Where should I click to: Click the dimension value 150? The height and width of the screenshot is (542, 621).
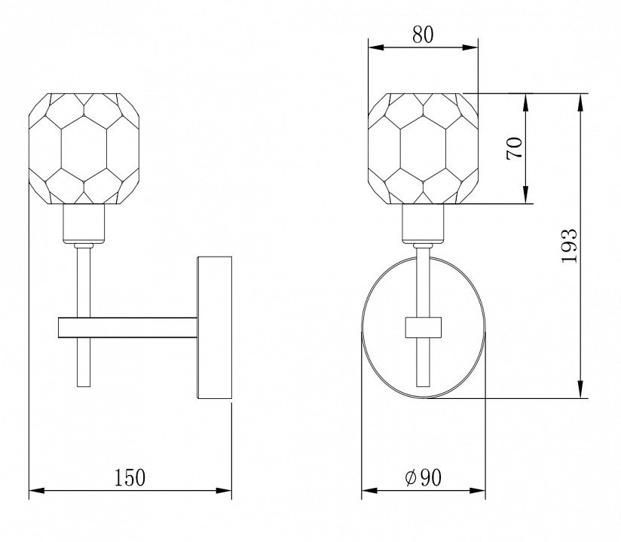(130, 477)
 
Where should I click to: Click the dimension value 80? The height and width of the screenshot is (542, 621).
(423, 35)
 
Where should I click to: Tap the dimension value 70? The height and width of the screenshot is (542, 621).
(515, 148)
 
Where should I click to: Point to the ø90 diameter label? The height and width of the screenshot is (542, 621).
(423, 477)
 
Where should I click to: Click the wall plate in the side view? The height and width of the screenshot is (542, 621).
(214, 327)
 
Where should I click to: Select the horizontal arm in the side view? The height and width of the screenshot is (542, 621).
(127, 327)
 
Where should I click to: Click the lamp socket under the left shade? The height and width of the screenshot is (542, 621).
(84, 224)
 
